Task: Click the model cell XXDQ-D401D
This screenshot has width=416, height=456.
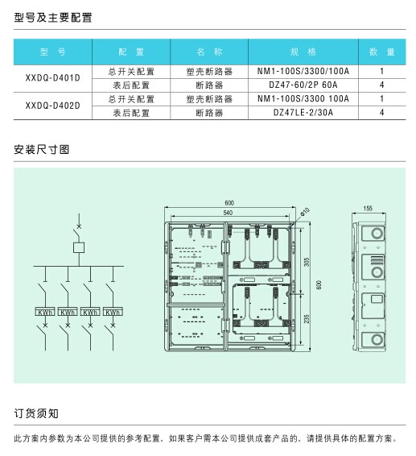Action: tap(52, 78)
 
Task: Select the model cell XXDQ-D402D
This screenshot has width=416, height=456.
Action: tap(52, 106)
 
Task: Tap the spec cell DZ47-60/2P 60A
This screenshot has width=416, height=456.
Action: tap(303, 85)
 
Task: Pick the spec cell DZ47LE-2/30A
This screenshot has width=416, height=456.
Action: tap(303, 113)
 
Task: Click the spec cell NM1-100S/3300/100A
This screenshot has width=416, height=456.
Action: tap(303, 71)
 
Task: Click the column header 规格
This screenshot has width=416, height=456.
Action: tap(303, 52)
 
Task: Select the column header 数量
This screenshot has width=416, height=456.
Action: tap(381, 52)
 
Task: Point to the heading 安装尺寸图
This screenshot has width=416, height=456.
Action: tap(42, 150)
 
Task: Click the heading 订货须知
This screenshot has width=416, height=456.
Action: tap(36, 413)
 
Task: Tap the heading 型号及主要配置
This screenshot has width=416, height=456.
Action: tap(53, 18)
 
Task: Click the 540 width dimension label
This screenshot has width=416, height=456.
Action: tap(228, 213)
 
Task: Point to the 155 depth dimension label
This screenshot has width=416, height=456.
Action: tap(368, 208)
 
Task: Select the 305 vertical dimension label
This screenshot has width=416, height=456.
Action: tap(307, 262)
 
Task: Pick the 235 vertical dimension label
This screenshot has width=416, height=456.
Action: tap(307, 319)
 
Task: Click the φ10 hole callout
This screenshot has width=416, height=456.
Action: tap(305, 212)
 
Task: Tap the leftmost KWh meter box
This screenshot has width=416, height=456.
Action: tap(45, 312)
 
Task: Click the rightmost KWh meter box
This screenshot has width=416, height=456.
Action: tap(113, 312)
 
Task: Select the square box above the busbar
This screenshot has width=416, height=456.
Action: tap(79, 247)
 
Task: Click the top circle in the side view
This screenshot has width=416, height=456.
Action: tap(377, 233)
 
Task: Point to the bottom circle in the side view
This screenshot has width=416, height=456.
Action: tap(377, 339)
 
